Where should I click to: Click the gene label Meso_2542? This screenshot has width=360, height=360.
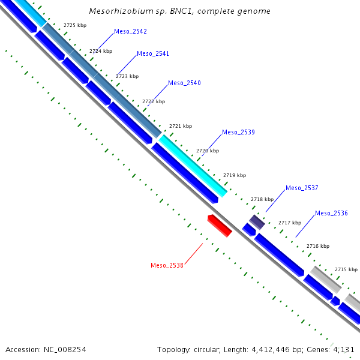[130, 31]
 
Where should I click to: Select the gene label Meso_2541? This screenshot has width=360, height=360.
[153, 53]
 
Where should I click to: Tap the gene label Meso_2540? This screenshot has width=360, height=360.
[184, 83]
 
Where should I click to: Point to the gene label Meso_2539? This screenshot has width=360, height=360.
[238, 132]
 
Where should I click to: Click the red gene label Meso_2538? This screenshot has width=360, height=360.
[167, 265]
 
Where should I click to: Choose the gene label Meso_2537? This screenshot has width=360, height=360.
[302, 188]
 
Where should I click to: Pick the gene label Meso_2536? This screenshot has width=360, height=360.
[331, 213]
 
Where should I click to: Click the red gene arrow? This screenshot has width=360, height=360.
[220, 225]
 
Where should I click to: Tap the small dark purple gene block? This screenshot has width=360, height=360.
[257, 222]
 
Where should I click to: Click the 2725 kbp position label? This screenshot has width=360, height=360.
[75, 25]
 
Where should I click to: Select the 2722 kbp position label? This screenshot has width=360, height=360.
[154, 101]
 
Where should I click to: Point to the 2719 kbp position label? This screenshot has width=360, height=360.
[235, 175]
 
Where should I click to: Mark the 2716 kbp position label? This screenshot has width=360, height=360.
[318, 246]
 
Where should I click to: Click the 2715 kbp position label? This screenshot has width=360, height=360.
[346, 269]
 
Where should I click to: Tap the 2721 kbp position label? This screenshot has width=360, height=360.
[181, 126]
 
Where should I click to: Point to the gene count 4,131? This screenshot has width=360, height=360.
[344, 349]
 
